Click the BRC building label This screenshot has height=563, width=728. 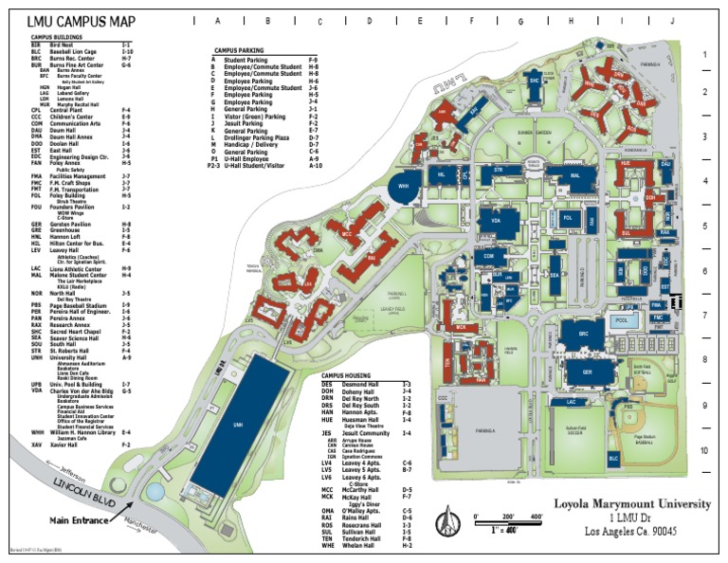(x=585, y=334)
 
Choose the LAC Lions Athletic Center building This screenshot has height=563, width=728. (x=571, y=403)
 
